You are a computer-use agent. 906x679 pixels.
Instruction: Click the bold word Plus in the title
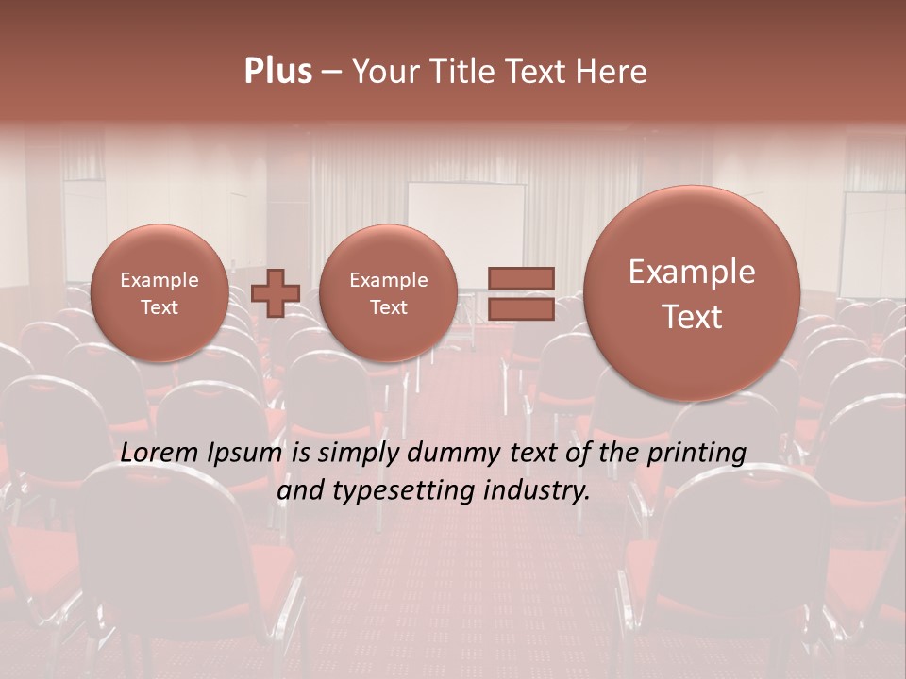(277, 72)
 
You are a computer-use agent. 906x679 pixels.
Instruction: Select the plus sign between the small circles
(276, 292)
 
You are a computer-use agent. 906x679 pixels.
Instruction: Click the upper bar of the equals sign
(520, 278)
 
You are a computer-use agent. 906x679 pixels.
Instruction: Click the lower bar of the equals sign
(520, 308)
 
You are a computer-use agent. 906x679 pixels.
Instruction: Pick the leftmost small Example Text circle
(159, 292)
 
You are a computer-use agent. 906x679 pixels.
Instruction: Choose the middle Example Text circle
(388, 292)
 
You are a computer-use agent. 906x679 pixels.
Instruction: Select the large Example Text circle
(692, 292)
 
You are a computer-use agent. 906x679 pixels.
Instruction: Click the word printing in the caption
(695, 454)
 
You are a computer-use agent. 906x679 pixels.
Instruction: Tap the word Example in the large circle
(692, 272)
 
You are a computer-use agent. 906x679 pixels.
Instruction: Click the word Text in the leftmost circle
(159, 307)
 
